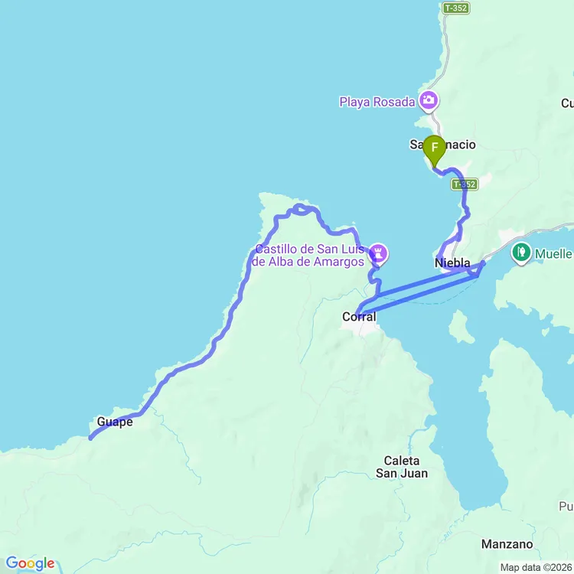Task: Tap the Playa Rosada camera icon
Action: coord(429,100)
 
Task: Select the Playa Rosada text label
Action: coord(377,102)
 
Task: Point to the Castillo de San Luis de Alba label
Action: coord(310,255)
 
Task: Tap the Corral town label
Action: coord(359,317)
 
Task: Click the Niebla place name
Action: coord(452,263)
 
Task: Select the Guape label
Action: coord(115,422)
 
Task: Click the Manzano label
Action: coord(507,544)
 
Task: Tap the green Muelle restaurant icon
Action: coord(521,250)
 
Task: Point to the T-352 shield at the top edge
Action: coord(455,8)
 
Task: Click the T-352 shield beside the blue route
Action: coord(464,184)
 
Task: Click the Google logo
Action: coord(29,563)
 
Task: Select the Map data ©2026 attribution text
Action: coord(536,567)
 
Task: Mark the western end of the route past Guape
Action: coord(90,439)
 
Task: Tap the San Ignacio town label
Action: coord(442,144)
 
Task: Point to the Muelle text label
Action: coord(553,253)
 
